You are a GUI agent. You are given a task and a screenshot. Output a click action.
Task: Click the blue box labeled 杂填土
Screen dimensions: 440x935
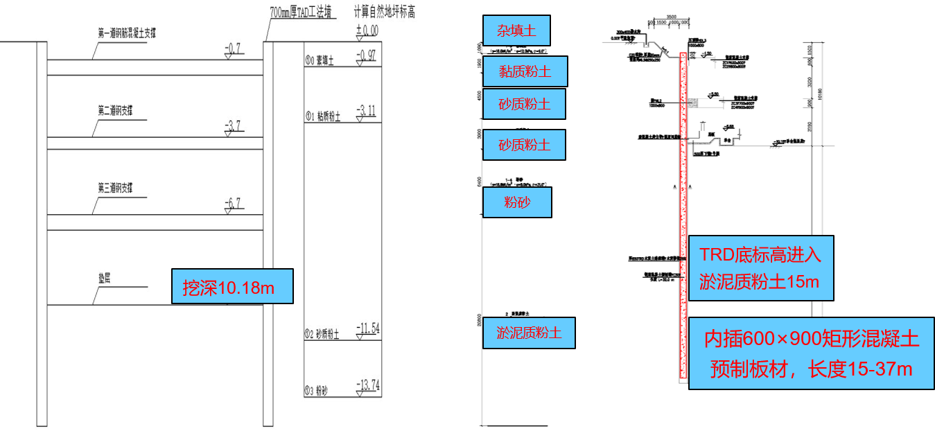tap(516, 30)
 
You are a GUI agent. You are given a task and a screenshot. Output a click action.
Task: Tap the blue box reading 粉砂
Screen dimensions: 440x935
tap(517, 202)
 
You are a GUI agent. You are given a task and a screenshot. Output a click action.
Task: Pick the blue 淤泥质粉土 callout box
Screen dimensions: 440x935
tap(529, 332)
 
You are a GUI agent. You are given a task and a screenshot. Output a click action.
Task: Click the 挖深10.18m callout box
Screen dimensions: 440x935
tap(232, 286)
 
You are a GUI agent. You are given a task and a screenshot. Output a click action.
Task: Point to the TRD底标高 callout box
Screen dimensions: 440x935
tap(761, 268)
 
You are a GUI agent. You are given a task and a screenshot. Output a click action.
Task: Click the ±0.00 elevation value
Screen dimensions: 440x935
tap(367, 31)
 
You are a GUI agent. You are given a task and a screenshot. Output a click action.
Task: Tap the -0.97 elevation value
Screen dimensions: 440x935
tap(367, 56)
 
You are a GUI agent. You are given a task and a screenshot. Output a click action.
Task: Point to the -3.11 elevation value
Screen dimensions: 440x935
tap(367, 110)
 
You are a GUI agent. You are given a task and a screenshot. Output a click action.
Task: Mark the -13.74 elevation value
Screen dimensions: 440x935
tap(367, 385)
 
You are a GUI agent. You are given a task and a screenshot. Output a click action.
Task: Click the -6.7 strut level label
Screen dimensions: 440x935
tap(233, 203)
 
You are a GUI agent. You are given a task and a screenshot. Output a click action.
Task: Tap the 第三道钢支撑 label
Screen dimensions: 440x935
tap(115, 188)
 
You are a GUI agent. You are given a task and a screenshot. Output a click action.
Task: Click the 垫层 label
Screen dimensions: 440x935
tap(105, 275)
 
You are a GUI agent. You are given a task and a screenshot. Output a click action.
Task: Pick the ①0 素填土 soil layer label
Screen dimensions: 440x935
tap(320, 61)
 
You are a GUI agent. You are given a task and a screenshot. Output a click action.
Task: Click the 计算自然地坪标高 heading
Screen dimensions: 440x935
tap(384, 12)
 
